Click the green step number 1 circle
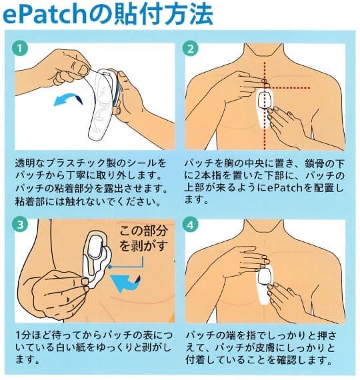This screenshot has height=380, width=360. pyautogui.click(x=20, y=49)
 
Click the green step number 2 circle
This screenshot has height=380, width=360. pyautogui.click(x=191, y=49)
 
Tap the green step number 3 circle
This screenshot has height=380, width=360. pyautogui.click(x=20, y=224)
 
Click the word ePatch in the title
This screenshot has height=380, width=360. pyautogui.click(x=44, y=15)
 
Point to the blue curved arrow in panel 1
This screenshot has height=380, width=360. pyautogui.click(x=68, y=98)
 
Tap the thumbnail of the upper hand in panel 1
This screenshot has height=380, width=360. pyautogui.click(x=83, y=69)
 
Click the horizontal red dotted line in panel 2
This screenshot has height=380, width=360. pyautogui.click(x=288, y=88)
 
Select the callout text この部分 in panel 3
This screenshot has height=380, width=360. pyautogui.click(x=143, y=230)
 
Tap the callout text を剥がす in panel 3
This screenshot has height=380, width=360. pyautogui.click(x=143, y=245)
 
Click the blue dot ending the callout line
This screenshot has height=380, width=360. pyautogui.click(x=110, y=267)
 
